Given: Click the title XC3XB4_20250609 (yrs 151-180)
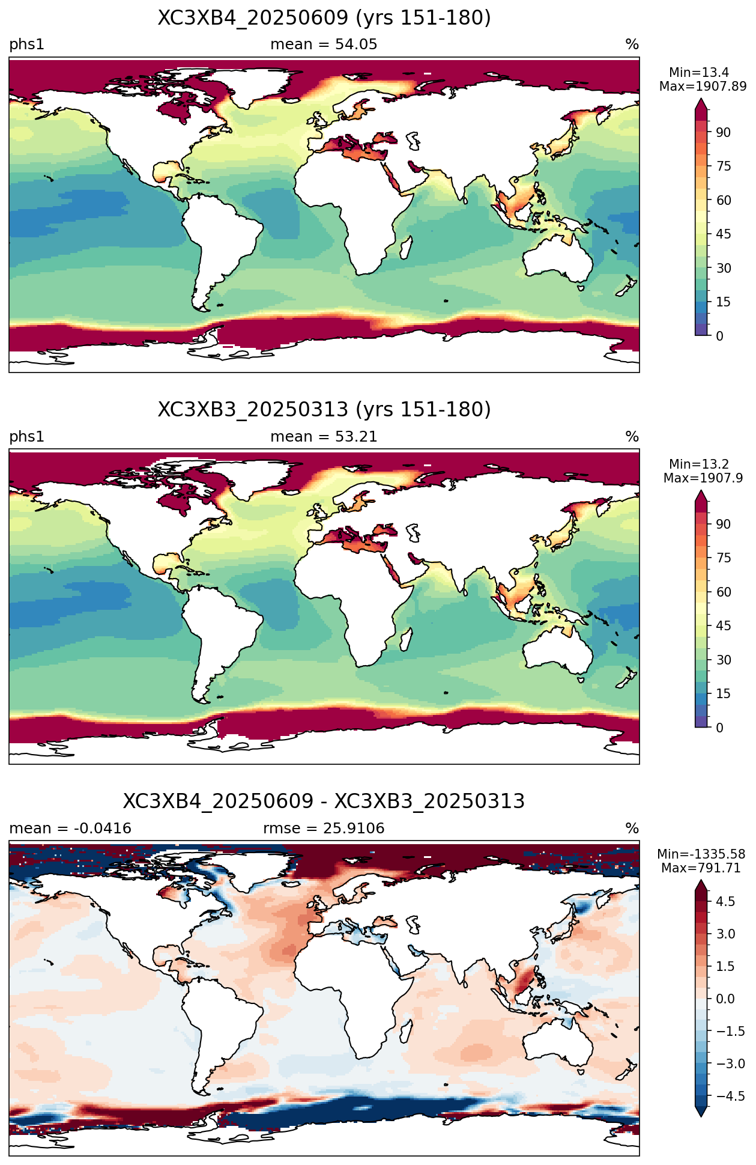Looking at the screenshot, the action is pyautogui.click(x=324, y=18).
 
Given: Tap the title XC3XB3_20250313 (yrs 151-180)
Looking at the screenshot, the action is pyautogui.click(x=324, y=410).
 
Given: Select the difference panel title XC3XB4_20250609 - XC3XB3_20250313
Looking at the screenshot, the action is pyautogui.click(x=324, y=802).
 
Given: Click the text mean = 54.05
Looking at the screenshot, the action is pyautogui.click(x=324, y=44).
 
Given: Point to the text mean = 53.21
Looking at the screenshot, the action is pyautogui.click(x=324, y=437).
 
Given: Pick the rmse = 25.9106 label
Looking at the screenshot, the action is pyautogui.click(x=324, y=829).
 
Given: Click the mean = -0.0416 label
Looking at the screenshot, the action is pyautogui.click(x=70, y=829).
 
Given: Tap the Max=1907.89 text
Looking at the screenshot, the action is pyautogui.click(x=703, y=87).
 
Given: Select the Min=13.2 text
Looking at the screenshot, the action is pyautogui.click(x=699, y=464).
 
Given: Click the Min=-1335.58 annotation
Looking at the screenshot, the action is pyautogui.click(x=701, y=854).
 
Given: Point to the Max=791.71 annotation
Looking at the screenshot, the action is pyautogui.click(x=701, y=868).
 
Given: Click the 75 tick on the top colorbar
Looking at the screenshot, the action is pyautogui.click(x=724, y=166).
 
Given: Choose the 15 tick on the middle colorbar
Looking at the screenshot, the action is pyautogui.click(x=724, y=694).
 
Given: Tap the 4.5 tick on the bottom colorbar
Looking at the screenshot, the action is pyautogui.click(x=725, y=901).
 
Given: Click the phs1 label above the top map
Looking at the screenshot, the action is pyautogui.click(x=27, y=45).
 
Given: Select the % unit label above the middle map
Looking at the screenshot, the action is pyautogui.click(x=632, y=437).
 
